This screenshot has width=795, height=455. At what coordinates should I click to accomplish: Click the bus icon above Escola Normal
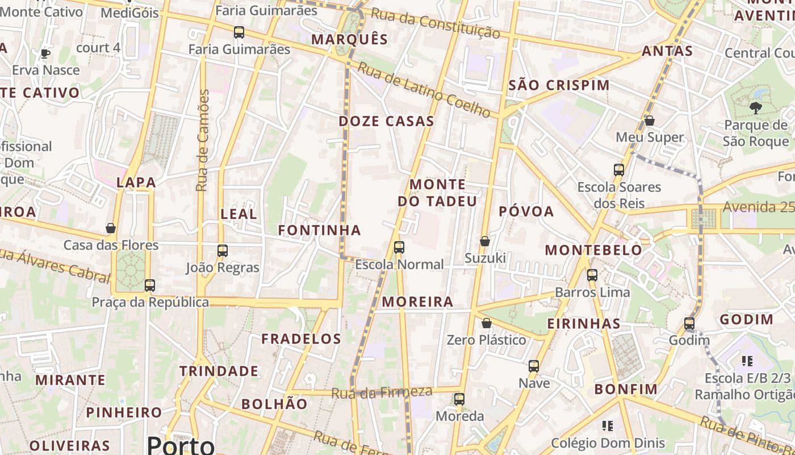399,247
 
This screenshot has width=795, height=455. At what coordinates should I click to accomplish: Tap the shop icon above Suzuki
485,242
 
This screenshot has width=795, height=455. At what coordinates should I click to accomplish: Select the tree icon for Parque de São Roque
755,107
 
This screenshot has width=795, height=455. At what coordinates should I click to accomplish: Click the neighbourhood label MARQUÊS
350,39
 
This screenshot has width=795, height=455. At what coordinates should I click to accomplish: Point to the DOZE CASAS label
387,121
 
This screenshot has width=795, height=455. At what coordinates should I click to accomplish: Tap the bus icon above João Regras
223,251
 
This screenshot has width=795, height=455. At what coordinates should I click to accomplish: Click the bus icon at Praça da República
150,286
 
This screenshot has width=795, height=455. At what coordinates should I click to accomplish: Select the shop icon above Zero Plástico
487,324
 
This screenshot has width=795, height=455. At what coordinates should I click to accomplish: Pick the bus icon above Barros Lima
592,275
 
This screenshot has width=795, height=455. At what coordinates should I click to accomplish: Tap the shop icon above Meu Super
650,121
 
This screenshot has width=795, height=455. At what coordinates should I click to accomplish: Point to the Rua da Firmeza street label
382,392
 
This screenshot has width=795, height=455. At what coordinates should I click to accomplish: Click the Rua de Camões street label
203,140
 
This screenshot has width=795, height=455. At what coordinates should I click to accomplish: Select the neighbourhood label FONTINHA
320,230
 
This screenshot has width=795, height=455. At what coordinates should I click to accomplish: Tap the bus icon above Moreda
459,399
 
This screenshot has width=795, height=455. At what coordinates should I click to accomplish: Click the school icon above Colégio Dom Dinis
607,426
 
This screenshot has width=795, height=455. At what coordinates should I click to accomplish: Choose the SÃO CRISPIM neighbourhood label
559,85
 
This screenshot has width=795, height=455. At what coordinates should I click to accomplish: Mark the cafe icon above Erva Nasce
45,53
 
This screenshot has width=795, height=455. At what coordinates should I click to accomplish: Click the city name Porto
181,444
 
